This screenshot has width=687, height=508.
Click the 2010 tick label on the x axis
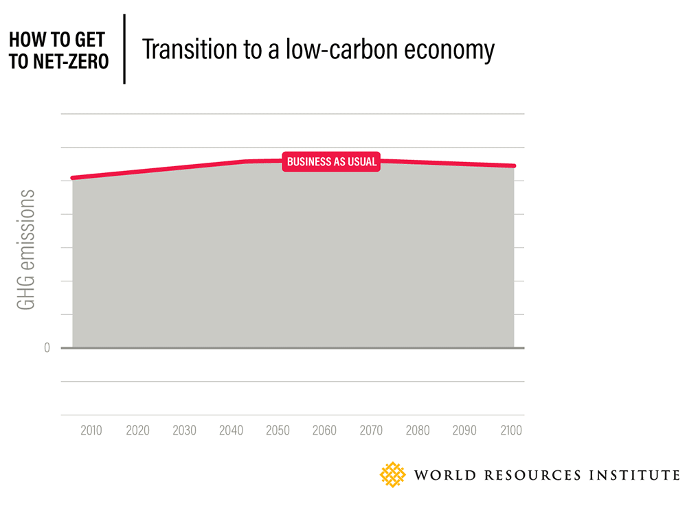(x=91, y=431)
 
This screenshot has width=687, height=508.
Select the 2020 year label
(x=137, y=431)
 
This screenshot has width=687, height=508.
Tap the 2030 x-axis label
(x=184, y=431)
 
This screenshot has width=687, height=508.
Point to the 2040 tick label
(x=231, y=431)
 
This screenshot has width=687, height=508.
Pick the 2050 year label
(x=278, y=431)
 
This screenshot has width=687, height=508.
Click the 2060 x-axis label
(x=324, y=431)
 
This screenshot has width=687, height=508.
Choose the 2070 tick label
(x=371, y=431)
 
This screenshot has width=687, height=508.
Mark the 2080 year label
(x=418, y=431)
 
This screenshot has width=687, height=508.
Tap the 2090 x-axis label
(x=464, y=431)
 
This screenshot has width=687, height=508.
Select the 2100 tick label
(x=511, y=431)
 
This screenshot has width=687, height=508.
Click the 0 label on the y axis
(x=47, y=348)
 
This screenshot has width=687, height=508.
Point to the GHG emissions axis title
(x=27, y=250)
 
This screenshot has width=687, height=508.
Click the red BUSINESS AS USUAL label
(x=331, y=162)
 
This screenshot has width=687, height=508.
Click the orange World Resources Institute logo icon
(x=393, y=474)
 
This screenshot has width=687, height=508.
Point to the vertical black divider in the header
(x=124, y=49)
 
